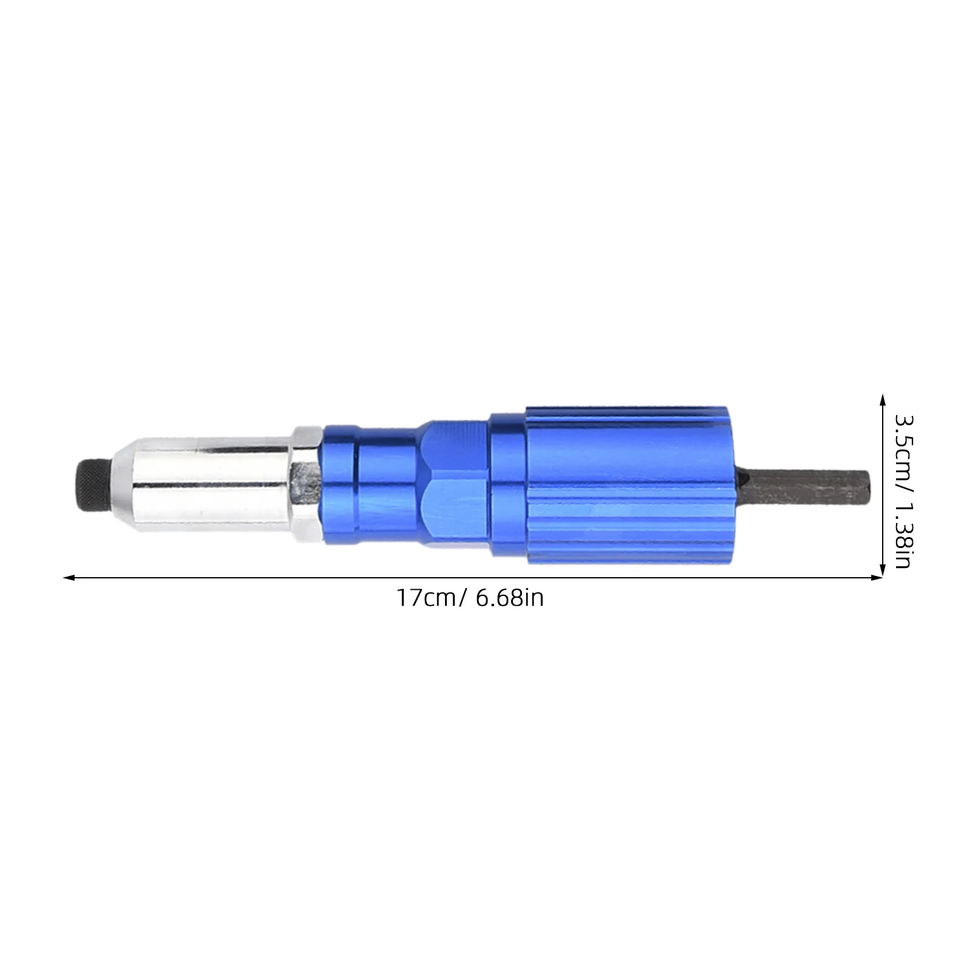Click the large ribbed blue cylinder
pyautogui.click(x=630, y=485)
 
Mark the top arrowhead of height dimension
pyautogui.click(x=883, y=397)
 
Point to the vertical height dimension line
pyautogui.click(x=883, y=485)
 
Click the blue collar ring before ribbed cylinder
pyautogui.click(x=508, y=485)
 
